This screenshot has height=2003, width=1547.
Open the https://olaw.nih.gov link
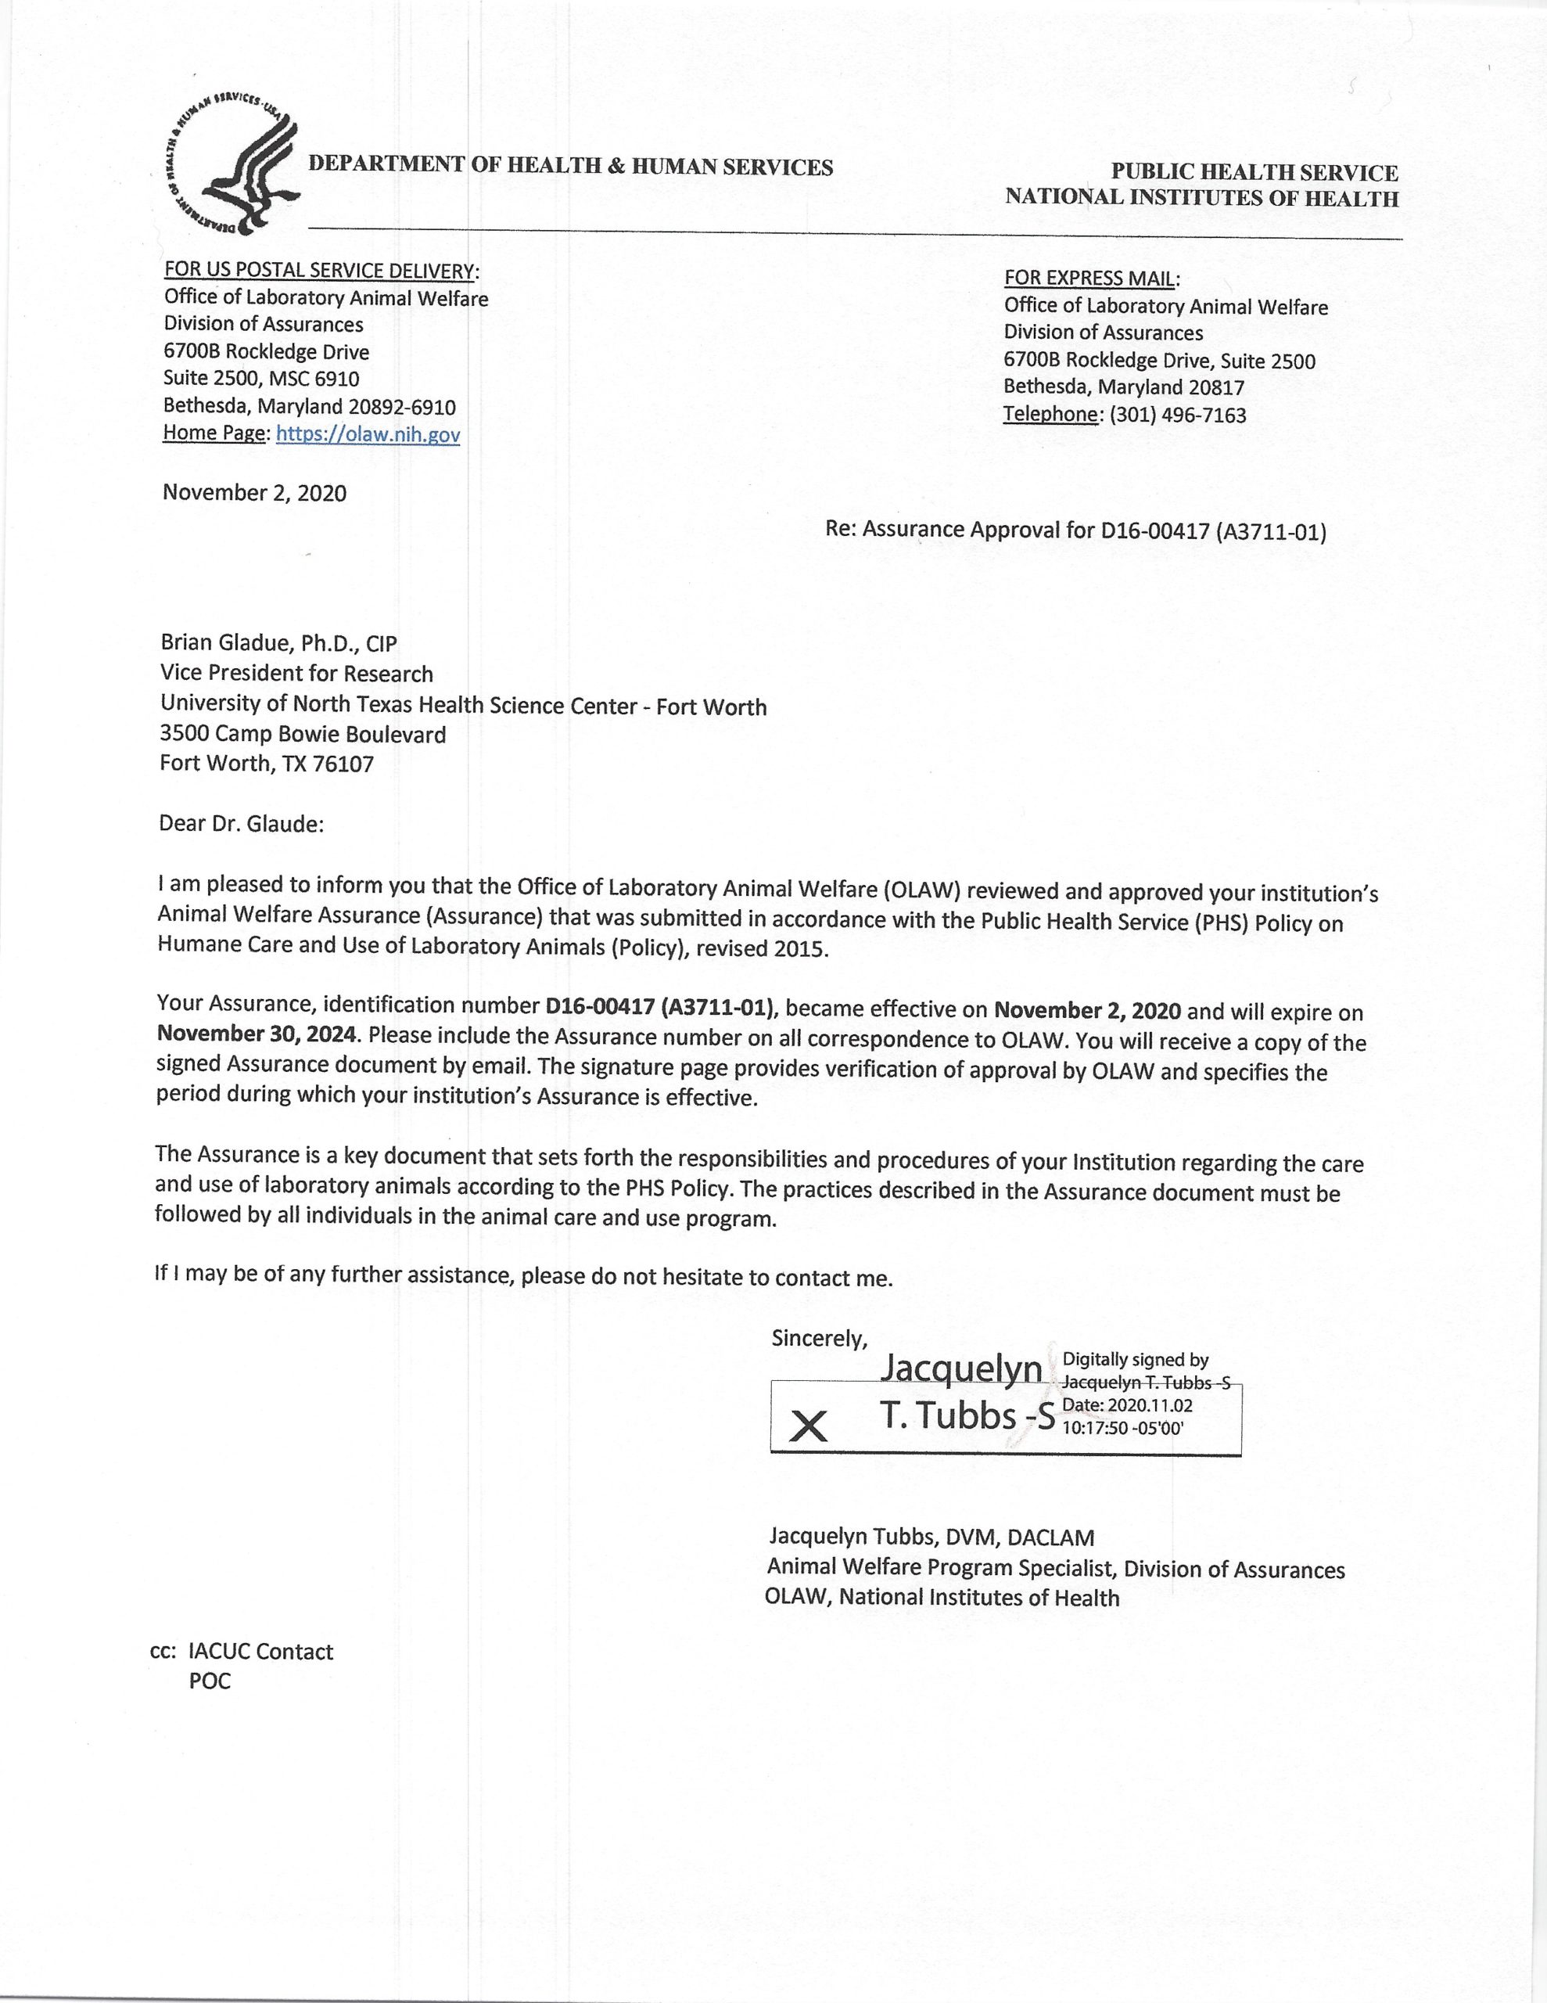(x=368, y=435)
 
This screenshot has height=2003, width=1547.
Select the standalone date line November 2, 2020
(x=254, y=494)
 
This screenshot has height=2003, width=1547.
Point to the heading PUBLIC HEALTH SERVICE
(x=1254, y=172)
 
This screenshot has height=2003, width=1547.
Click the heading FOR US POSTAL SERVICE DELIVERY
(x=320, y=271)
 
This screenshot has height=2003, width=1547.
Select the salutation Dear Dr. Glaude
(x=241, y=824)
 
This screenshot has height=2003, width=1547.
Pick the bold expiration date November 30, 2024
(x=257, y=1034)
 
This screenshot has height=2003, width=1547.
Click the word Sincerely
(x=818, y=1339)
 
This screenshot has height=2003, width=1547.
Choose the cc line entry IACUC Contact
(x=260, y=1652)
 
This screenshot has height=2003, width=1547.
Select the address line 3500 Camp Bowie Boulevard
(x=303, y=735)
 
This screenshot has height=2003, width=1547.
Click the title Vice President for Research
(x=296, y=674)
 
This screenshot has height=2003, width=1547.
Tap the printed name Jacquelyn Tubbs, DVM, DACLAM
(x=931, y=1537)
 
